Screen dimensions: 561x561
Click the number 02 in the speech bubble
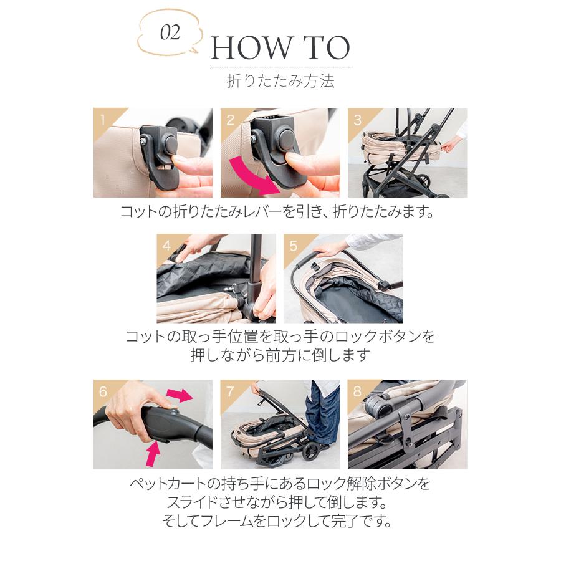click(170, 33)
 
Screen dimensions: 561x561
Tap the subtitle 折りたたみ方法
click(280, 81)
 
